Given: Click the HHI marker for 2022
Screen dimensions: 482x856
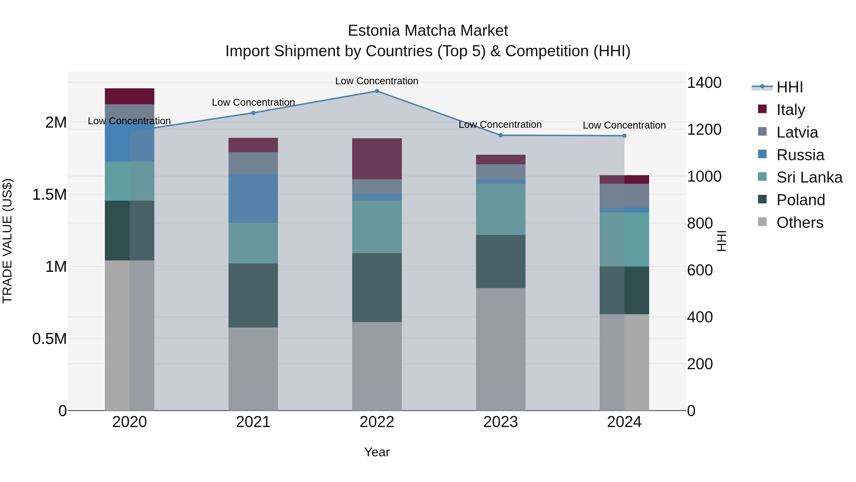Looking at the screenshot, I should click(x=377, y=91).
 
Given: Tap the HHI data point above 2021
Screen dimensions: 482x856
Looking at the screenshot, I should click(x=253, y=113).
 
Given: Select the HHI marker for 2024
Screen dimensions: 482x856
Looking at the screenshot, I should click(x=624, y=136).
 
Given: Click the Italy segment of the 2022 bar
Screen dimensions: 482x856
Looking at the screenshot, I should click(x=377, y=159).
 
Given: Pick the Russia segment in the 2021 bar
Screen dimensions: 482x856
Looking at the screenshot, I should click(x=253, y=198).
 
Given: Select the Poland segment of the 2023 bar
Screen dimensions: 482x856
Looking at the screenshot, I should click(x=501, y=261).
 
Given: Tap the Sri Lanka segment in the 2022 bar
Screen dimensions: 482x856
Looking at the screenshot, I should click(x=377, y=227).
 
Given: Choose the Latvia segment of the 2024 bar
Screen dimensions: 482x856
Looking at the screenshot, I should click(x=624, y=196).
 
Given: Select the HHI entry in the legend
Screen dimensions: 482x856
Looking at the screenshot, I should click(x=789, y=87).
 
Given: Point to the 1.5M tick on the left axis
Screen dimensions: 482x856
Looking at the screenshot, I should click(x=49, y=195).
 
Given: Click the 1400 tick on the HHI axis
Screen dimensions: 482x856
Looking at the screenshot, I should click(x=704, y=83).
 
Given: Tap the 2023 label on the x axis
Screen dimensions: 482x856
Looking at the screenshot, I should click(x=501, y=422).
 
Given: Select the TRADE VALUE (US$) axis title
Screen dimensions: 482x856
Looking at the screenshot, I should click(x=7, y=241).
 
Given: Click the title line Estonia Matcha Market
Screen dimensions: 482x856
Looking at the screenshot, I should click(x=428, y=31).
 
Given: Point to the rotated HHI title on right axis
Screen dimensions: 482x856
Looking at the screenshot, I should click(x=721, y=241).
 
